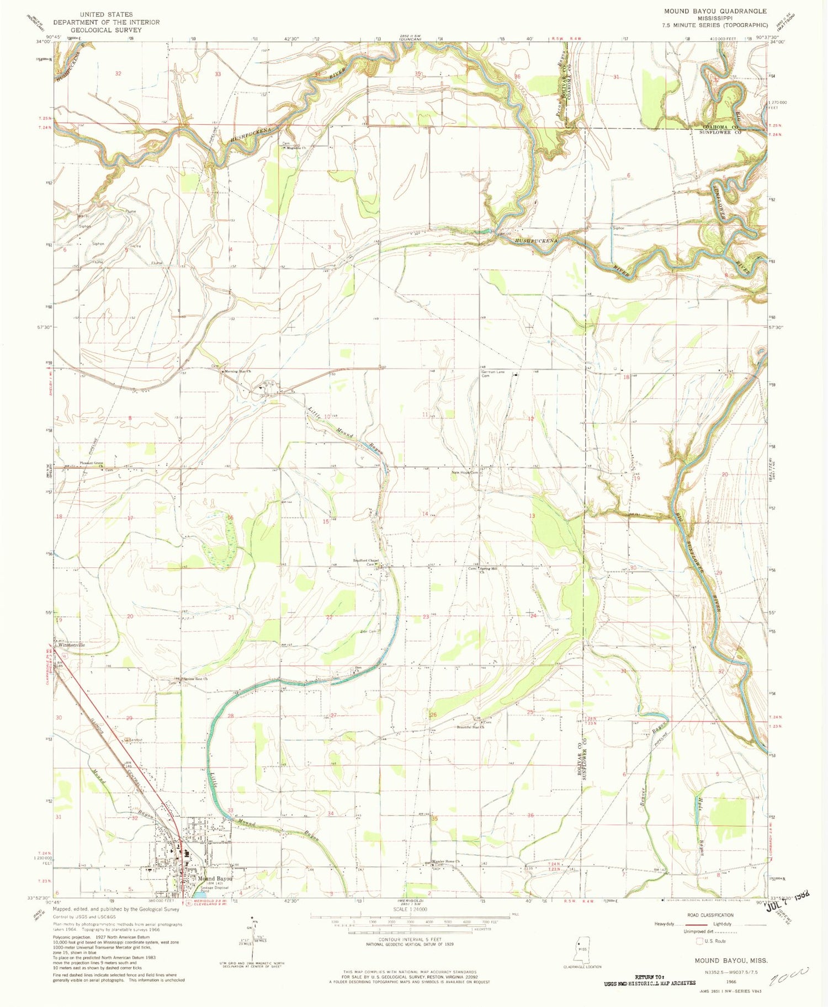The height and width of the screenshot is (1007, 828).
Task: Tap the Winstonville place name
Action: click(71, 644)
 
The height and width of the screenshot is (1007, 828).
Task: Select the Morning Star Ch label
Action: click(237, 371)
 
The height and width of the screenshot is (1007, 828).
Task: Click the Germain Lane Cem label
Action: click(493, 374)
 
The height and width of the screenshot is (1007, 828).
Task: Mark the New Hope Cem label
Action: click(464, 473)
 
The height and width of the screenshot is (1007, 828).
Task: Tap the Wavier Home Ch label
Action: click(446, 862)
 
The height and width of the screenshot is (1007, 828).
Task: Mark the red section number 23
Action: click(426, 616)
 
